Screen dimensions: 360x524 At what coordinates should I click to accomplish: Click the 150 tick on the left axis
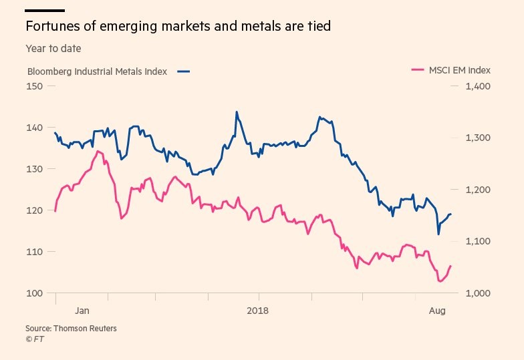coord(34,86)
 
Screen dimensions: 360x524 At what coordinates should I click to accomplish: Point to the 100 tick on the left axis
coord(34,293)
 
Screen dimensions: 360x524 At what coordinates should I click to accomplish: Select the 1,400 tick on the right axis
coord(478,86)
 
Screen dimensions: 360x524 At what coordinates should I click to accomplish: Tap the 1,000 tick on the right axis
coord(478,293)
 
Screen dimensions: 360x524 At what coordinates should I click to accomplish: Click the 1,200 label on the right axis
coord(478,190)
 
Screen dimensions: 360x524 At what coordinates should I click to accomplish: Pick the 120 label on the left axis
coord(34,210)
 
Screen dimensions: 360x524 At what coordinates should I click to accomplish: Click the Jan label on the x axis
coord(82,311)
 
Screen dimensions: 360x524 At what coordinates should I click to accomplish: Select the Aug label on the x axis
coord(436,311)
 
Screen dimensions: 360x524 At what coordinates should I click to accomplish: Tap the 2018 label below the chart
coord(258,311)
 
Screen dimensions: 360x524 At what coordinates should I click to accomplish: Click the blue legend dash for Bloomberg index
coord(184,71)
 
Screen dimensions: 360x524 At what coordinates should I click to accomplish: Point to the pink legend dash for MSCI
coord(418,69)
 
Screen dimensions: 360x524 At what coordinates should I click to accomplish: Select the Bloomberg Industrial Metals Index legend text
coord(97,71)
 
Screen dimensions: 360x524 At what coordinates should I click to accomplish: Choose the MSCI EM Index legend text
coord(460,69)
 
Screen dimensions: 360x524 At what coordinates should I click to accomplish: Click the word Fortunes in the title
coord(49,27)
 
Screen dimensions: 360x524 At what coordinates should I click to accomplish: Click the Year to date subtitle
coord(53,49)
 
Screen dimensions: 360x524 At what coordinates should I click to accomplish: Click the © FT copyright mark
coord(34,339)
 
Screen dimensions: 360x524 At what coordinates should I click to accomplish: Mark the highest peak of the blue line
coord(237,112)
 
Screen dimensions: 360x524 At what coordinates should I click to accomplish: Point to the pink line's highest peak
coord(98,152)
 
